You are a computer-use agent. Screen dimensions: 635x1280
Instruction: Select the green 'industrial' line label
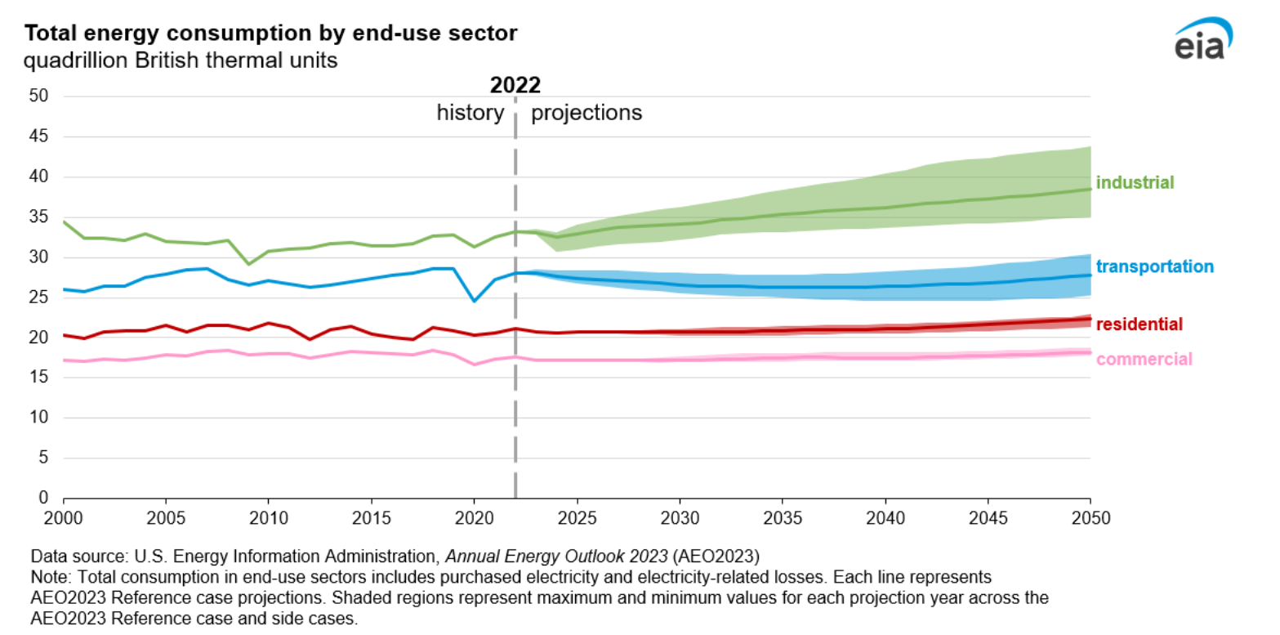click(x=1135, y=182)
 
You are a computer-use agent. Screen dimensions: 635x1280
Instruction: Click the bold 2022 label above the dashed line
click(x=515, y=85)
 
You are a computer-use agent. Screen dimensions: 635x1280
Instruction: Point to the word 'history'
click(x=471, y=113)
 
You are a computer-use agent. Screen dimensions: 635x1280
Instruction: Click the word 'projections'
click(x=586, y=113)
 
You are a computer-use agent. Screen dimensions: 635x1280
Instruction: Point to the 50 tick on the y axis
click(x=40, y=96)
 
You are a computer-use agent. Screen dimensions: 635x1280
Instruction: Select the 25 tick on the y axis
click(x=40, y=297)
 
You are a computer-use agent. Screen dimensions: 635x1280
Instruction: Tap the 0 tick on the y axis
click(x=45, y=499)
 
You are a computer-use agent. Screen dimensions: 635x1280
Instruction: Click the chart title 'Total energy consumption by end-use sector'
click(x=270, y=34)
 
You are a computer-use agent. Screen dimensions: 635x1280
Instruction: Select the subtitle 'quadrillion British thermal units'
click(x=181, y=61)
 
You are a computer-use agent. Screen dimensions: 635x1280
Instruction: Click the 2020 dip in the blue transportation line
click(x=474, y=301)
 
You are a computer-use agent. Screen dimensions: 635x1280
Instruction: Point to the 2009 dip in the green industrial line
click(x=248, y=264)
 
